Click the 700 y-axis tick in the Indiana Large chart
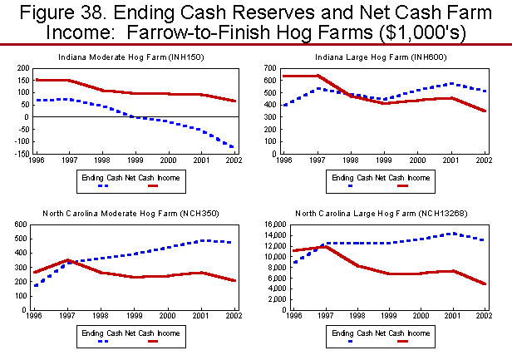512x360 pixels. tap(272, 67)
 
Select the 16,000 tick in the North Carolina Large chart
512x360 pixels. tap(266, 224)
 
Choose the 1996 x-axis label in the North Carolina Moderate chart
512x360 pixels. tap(34, 317)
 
